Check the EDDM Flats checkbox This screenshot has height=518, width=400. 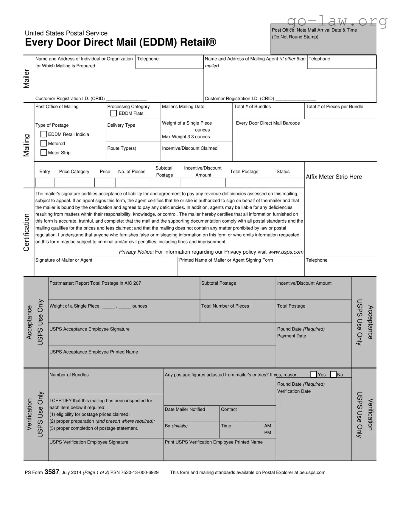tap(113, 113)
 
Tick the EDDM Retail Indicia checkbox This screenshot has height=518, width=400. tap(44, 134)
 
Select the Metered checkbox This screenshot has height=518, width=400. tap(44, 143)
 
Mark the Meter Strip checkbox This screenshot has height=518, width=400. tap(44, 153)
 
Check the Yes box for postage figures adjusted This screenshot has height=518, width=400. tap(314, 374)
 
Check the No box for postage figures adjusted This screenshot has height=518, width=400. tap(333, 374)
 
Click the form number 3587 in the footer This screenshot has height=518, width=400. tap(52, 472)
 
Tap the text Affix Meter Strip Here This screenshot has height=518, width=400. tap(334, 177)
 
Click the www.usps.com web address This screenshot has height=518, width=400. tap(286, 252)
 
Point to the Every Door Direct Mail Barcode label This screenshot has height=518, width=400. tap(268, 123)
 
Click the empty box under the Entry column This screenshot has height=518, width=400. tap(45, 182)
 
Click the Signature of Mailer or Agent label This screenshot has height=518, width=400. tap(64, 260)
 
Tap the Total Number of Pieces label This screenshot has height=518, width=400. tap(225, 306)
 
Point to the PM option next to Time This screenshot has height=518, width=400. tap(267, 433)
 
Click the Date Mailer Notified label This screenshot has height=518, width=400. tap(185, 410)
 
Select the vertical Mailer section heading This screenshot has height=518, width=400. tap(27, 79)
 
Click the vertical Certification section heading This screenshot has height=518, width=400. tap(27, 232)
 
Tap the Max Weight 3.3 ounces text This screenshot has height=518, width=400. tap(186, 137)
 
